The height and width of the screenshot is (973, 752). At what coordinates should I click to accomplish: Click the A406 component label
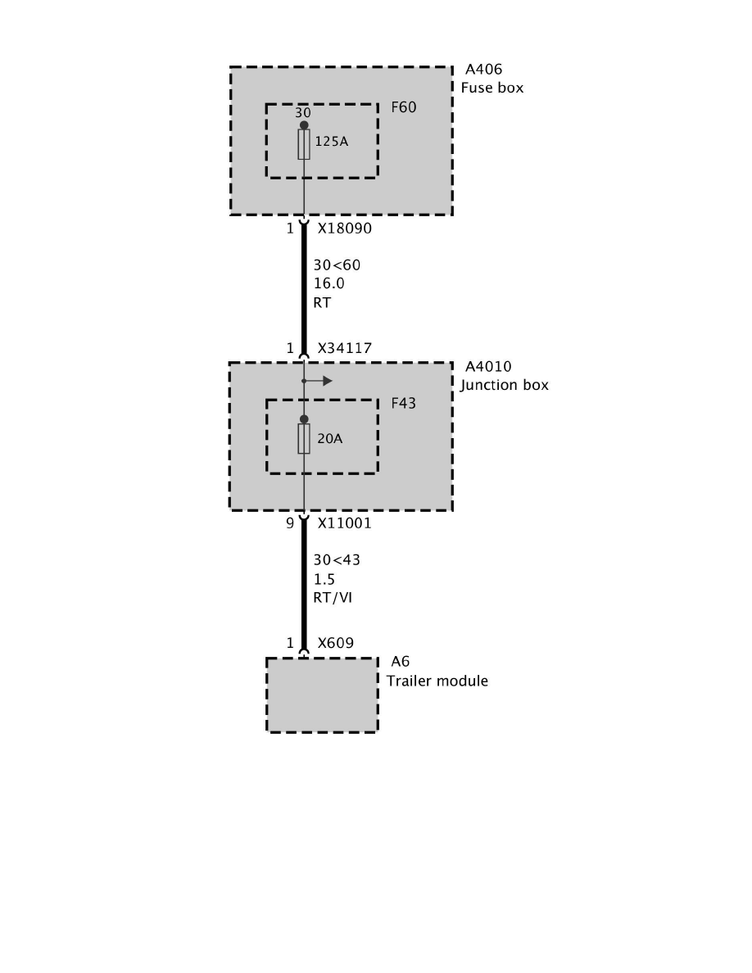(484, 70)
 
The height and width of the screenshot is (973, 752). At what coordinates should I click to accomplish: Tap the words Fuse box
(492, 88)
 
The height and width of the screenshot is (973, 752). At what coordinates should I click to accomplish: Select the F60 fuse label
(404, 106)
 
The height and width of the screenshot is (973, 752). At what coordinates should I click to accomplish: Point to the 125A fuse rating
(332, 142)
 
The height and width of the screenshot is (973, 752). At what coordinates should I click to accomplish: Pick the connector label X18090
(345, 229)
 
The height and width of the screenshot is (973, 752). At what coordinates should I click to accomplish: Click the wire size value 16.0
(329, 283)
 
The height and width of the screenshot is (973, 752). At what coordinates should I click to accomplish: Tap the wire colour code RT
(322, 301)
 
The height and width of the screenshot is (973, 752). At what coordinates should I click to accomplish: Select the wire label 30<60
(337, 265)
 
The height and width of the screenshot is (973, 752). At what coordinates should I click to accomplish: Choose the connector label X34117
(345, 348)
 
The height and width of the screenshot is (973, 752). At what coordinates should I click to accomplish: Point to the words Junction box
(505, 384)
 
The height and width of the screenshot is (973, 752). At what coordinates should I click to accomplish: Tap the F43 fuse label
(404, 403)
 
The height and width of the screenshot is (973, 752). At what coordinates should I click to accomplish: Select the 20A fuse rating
(329, 439)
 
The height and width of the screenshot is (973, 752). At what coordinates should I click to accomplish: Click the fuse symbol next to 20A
(304, 439)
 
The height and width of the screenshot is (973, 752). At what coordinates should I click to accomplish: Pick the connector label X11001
(345, 523)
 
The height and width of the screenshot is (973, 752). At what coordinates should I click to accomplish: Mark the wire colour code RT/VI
(333, 597)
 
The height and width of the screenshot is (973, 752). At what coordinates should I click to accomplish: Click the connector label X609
(336, 643)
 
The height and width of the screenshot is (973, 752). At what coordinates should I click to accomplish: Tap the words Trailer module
(437, 681)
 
